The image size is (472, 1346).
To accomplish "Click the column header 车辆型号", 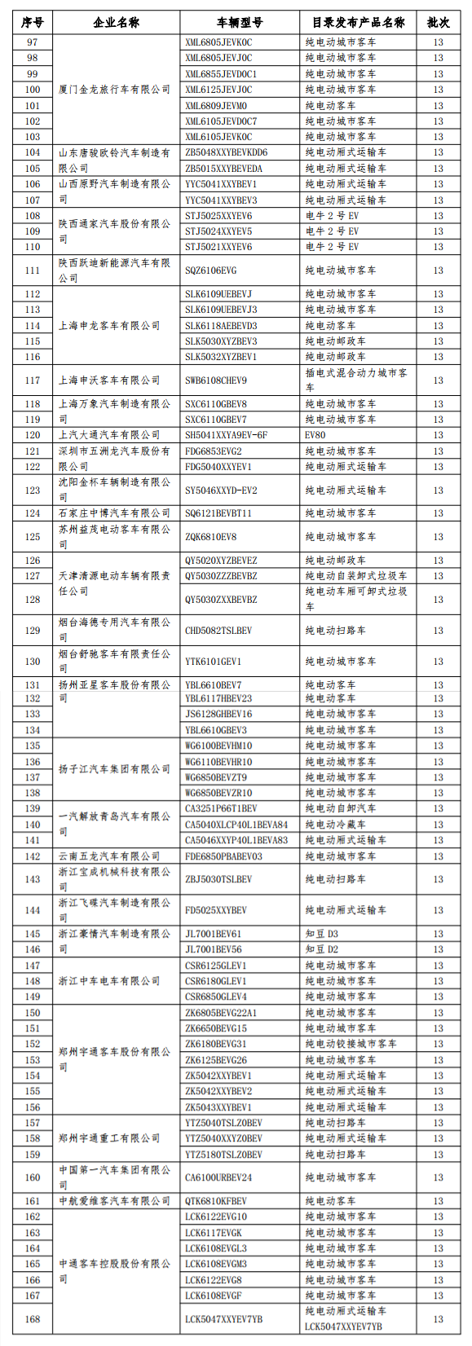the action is coord(240,23).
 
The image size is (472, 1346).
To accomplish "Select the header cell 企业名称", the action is coord(116,23).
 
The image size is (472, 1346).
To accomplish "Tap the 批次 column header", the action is coord(438,23).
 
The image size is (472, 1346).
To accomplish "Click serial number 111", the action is coord(33,271).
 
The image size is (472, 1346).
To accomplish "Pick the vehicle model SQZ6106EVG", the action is coord(212,271).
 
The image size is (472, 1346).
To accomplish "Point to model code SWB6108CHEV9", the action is coord(216,380).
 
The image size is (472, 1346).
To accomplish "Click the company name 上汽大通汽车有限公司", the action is coord(109,435).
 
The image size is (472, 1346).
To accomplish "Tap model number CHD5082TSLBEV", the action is coord(218,631).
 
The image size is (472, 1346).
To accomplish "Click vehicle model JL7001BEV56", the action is coord(214,949).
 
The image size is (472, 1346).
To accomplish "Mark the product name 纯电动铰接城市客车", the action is coord(351,1044).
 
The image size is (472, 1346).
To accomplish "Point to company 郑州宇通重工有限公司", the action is coord(109,1138).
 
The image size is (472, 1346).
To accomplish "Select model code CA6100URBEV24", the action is coord(218,1177).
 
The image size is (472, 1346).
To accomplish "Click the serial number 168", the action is coord(33,1319).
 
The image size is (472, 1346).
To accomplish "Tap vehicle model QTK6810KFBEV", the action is coord(216,1201).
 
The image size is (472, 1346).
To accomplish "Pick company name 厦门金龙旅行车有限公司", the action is coord(114,90).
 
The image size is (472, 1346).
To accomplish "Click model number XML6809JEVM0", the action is coord(216,106).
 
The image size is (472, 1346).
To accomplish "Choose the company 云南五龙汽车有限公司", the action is coord(109,856).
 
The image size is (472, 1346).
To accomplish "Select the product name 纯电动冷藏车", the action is coord(335,825).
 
